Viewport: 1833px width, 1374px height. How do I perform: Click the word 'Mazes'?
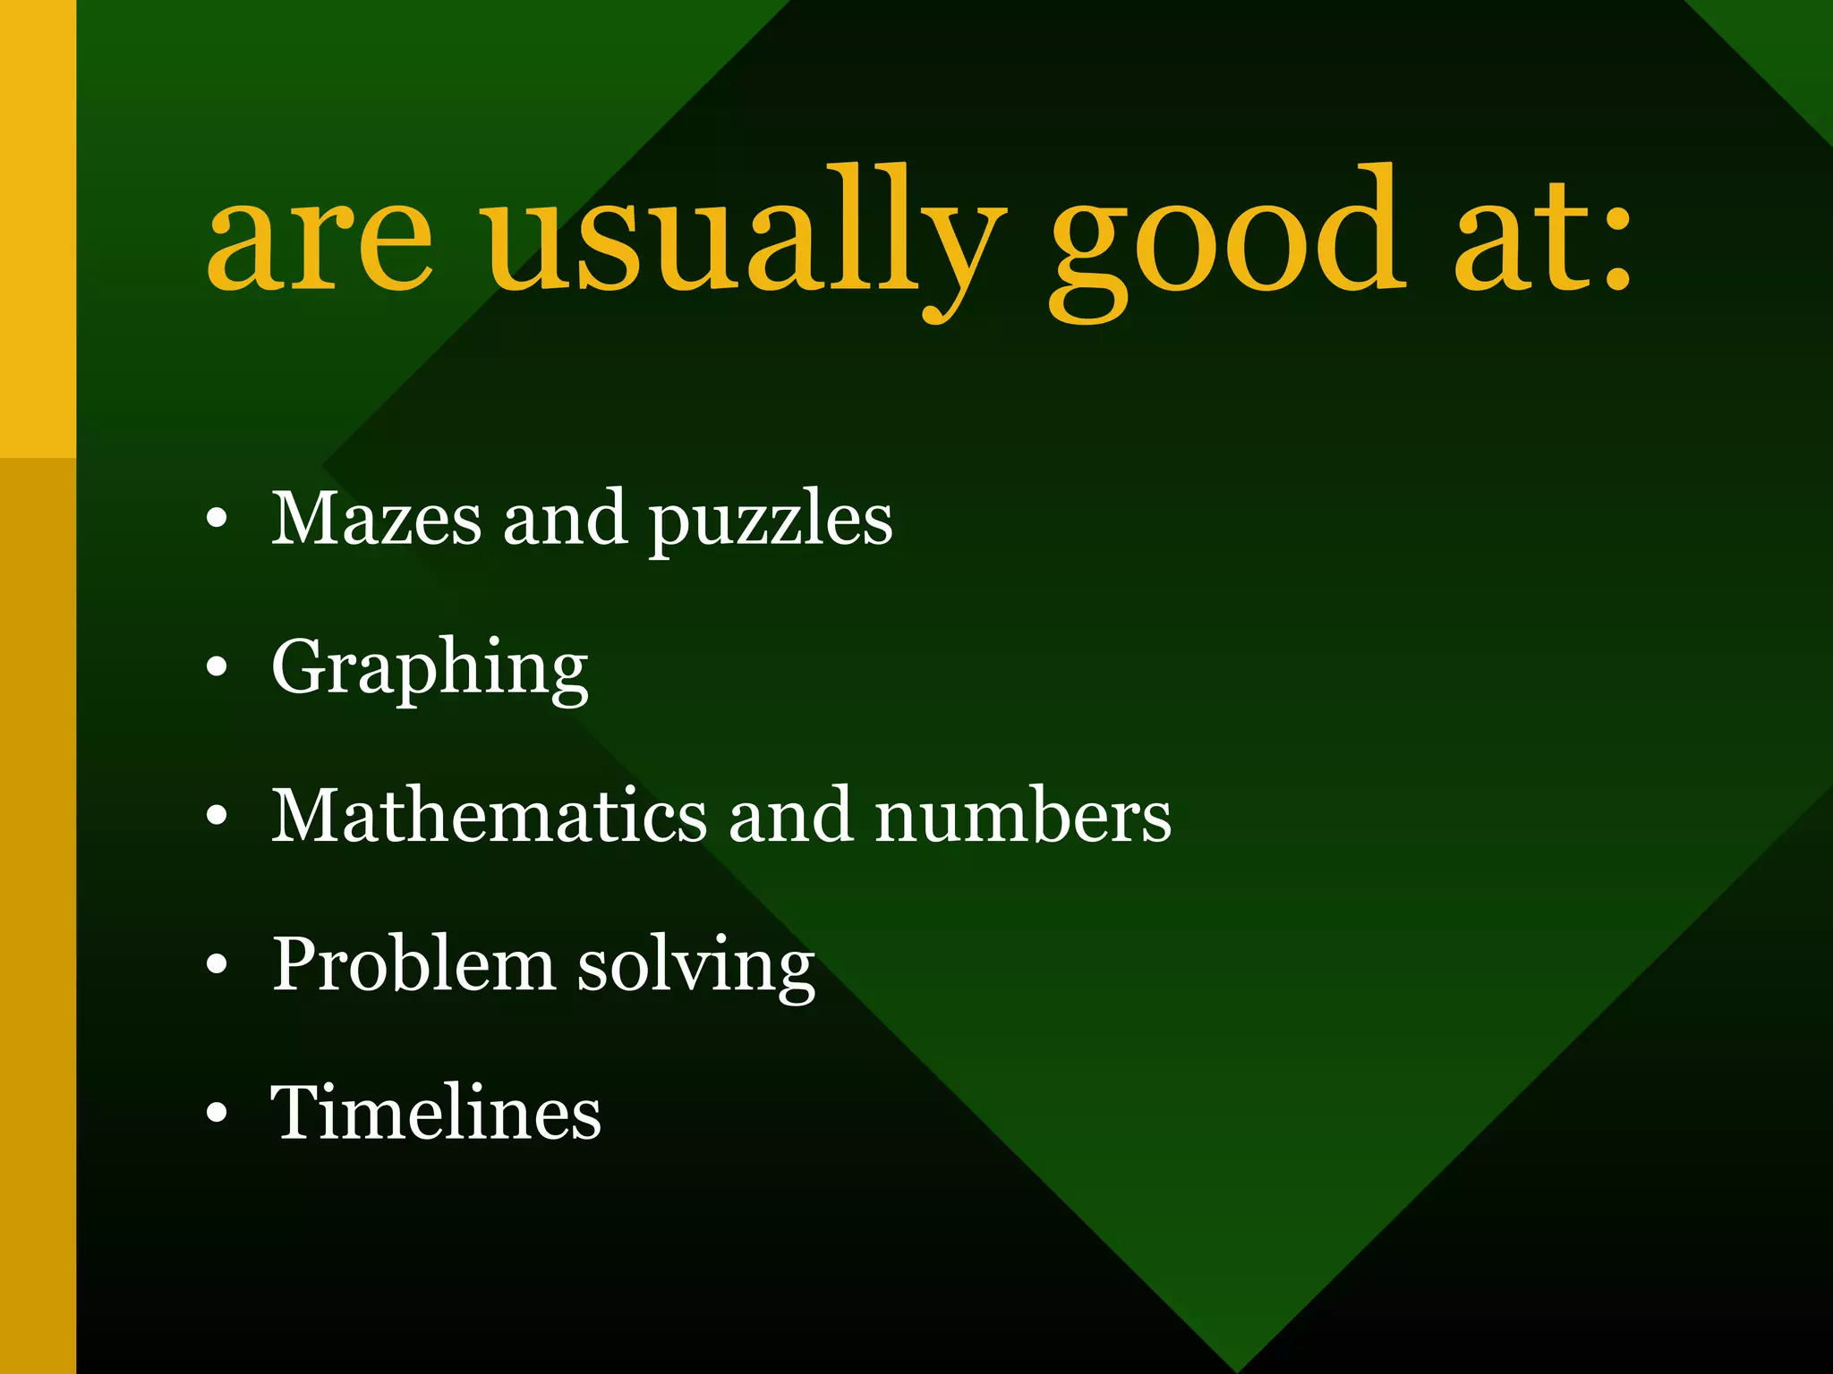coord(376,518)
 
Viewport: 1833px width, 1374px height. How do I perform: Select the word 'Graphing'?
coord(430,668)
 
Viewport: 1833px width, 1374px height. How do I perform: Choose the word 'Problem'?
coord(413,963)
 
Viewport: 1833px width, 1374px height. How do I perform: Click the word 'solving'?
coord(695,966)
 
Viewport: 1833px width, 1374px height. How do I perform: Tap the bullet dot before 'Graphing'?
coord(217,667)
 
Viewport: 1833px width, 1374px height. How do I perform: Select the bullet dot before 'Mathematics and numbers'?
coord(217,816)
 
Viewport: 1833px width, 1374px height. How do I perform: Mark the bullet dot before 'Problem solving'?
coord(217,964)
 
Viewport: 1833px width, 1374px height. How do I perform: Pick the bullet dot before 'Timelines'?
coord(217,1113)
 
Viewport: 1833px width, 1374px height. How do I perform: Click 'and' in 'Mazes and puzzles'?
coord(565,518)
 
